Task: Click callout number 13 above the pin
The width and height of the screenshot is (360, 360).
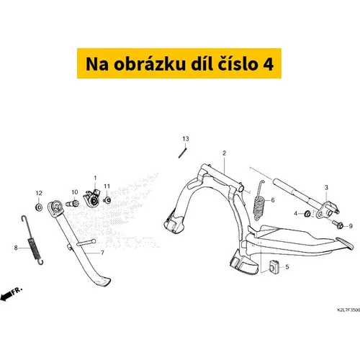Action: pyautogui.click(x=186, y=139)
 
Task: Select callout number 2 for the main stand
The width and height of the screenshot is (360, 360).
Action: pyautogui.click(x=224, y=153)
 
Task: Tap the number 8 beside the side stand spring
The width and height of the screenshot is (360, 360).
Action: pyautogui.click(x=16, y=248)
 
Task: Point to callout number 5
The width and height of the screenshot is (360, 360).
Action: pyautogui.click(x=287, y=267)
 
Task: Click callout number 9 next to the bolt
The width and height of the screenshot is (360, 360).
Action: pyautogui.click(x=351, y=226)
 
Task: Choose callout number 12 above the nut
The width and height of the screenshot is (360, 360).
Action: pyautogui.click(x=39, y=193)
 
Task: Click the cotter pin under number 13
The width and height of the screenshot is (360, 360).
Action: pyautogui.click(x=183, y=153)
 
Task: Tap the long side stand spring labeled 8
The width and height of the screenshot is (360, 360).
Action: pyautogui.click(x=33, y=240)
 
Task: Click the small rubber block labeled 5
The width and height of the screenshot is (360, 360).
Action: pyautogui.click(x=274, y=266)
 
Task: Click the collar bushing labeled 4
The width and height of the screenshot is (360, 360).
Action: pyautogui.click(x=307, y=213)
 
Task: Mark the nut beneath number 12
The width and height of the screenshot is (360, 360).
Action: pyautogui.click(x=39, y=207)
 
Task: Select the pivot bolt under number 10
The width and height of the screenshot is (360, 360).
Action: pyautogui.click(x=72, y=204)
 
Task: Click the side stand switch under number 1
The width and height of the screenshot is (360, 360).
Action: pyautogui.click(x=91, y=198)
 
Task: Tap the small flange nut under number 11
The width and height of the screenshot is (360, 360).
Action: pyautogui.click(x=107, y=200)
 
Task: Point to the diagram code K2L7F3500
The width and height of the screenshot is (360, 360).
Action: pyautogui.click(x=348, y=310)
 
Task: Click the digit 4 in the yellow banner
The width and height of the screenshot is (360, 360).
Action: pyautogui.click(x=268, y=64)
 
